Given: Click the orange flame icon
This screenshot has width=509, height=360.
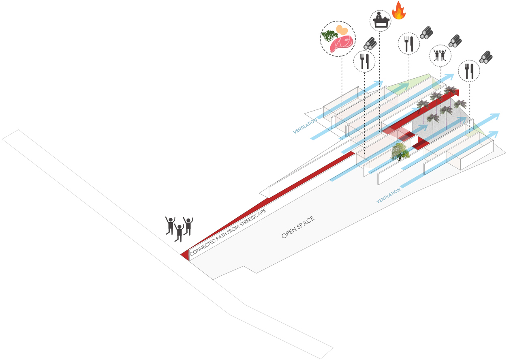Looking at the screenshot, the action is [399, 11].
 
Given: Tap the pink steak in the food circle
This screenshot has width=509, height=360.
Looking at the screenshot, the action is [342, 44].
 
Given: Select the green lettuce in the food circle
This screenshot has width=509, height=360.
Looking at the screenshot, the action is [329, 36].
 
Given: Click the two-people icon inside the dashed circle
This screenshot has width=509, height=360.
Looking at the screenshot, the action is [440, 56].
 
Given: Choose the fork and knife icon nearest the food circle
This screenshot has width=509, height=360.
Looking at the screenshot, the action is [364, 61].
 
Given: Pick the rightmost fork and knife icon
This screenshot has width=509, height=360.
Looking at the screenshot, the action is [469, 71].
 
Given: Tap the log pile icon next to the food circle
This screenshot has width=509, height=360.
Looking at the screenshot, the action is [370, 43].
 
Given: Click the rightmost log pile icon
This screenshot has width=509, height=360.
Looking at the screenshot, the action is [486, 57].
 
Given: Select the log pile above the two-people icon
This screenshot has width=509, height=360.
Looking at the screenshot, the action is [455, 41].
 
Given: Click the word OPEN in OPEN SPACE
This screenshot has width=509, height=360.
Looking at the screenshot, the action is [289, 231].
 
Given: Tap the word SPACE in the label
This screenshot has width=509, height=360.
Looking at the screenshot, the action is [306, 222].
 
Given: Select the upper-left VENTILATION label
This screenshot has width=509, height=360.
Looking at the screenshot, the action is [305, 126].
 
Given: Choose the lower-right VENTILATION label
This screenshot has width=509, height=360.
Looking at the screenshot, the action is [388, 196].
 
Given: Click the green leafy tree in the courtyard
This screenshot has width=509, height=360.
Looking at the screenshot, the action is [400, 152].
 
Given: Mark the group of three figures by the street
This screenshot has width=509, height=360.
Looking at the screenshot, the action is [179, 229].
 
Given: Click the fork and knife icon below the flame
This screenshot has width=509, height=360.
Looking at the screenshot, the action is [409, 44].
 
